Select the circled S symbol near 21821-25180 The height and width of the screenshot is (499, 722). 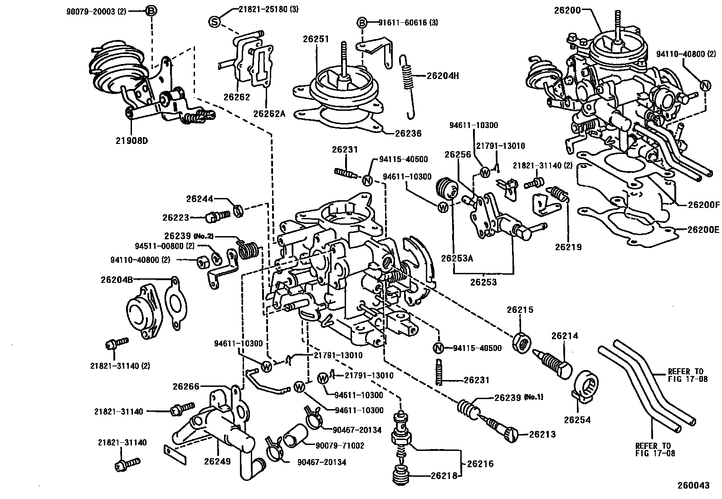[x=215, y=21]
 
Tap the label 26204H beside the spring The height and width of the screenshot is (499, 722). [x=443, y=76]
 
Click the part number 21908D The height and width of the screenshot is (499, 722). [x=132, y=140]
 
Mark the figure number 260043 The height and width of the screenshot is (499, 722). [x=693, y=485]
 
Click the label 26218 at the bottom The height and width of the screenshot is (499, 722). [x=443, y=476]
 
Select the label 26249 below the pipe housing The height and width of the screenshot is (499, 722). [x=217, y=461]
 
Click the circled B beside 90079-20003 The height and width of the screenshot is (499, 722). [x=151, y=11]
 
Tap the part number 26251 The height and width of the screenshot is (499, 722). [x=316, y=40]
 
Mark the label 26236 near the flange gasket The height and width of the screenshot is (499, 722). [x=408, y=133]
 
